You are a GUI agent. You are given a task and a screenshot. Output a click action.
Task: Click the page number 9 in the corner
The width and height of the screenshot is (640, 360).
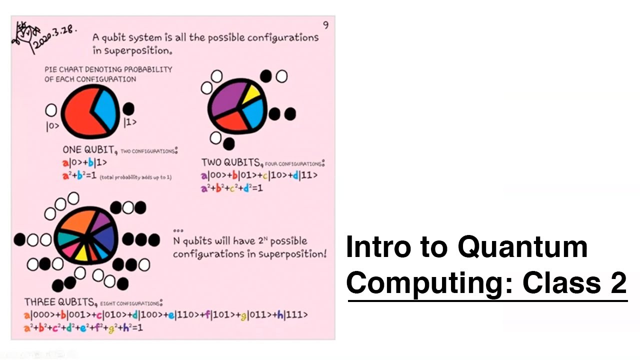[x=326, y=25]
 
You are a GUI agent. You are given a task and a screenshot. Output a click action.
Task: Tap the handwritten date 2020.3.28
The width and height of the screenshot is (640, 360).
[x=54, y=37]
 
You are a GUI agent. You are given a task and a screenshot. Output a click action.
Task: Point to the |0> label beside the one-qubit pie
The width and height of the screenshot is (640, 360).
[x=52, y=126]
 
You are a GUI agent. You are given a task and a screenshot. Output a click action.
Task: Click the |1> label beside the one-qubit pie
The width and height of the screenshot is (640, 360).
[x=129, y=122]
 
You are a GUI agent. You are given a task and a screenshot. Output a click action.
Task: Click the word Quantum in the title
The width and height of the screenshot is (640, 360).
[x=522, y=247]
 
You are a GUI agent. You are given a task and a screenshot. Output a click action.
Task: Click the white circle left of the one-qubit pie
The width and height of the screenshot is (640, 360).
[x=51, y=110]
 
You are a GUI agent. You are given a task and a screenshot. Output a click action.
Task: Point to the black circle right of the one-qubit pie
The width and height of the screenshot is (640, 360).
[x=128, y=108]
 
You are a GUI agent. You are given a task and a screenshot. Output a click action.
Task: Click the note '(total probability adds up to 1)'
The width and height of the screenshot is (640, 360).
[x=135, y=177]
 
